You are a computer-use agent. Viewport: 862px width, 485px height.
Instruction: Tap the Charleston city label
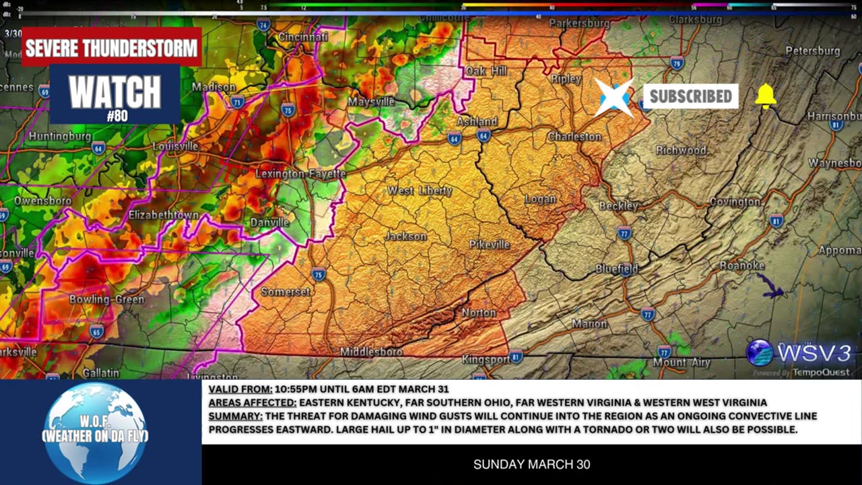[x=574, y=137]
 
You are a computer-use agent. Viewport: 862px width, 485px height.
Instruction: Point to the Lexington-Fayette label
[x=300, y=174]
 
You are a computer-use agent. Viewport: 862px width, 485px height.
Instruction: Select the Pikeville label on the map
[x=490, y=245]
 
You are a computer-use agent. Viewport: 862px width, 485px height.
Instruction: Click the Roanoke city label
[x=742, y=265]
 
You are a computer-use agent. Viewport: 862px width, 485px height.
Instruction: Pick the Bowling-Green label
[x=106, y=299]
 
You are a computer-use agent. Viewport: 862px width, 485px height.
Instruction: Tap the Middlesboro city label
[x=371, y=352]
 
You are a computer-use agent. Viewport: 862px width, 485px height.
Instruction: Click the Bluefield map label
[x=616, y=269]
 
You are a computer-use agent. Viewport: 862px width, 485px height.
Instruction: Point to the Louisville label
[x=175, y=146]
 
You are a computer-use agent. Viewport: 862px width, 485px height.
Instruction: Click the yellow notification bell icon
[x=766, y=96]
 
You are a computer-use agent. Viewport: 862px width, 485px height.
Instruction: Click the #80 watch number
[x=117, y=116]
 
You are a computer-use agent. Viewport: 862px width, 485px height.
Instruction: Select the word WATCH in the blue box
[x=115, y=92]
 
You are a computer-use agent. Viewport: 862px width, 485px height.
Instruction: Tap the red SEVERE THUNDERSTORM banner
[x=112, y=48]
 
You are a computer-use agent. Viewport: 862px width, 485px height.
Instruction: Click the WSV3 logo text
[x=814, y=352]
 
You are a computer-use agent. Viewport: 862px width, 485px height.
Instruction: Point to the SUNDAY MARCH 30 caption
[x=531, y=464]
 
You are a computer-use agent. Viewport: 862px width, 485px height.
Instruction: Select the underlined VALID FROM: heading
[x=240, y=389]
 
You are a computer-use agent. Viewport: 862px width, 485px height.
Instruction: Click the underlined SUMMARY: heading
[x=235, y=416]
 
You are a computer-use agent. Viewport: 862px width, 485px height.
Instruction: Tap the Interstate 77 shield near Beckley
[x=624, y=234]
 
